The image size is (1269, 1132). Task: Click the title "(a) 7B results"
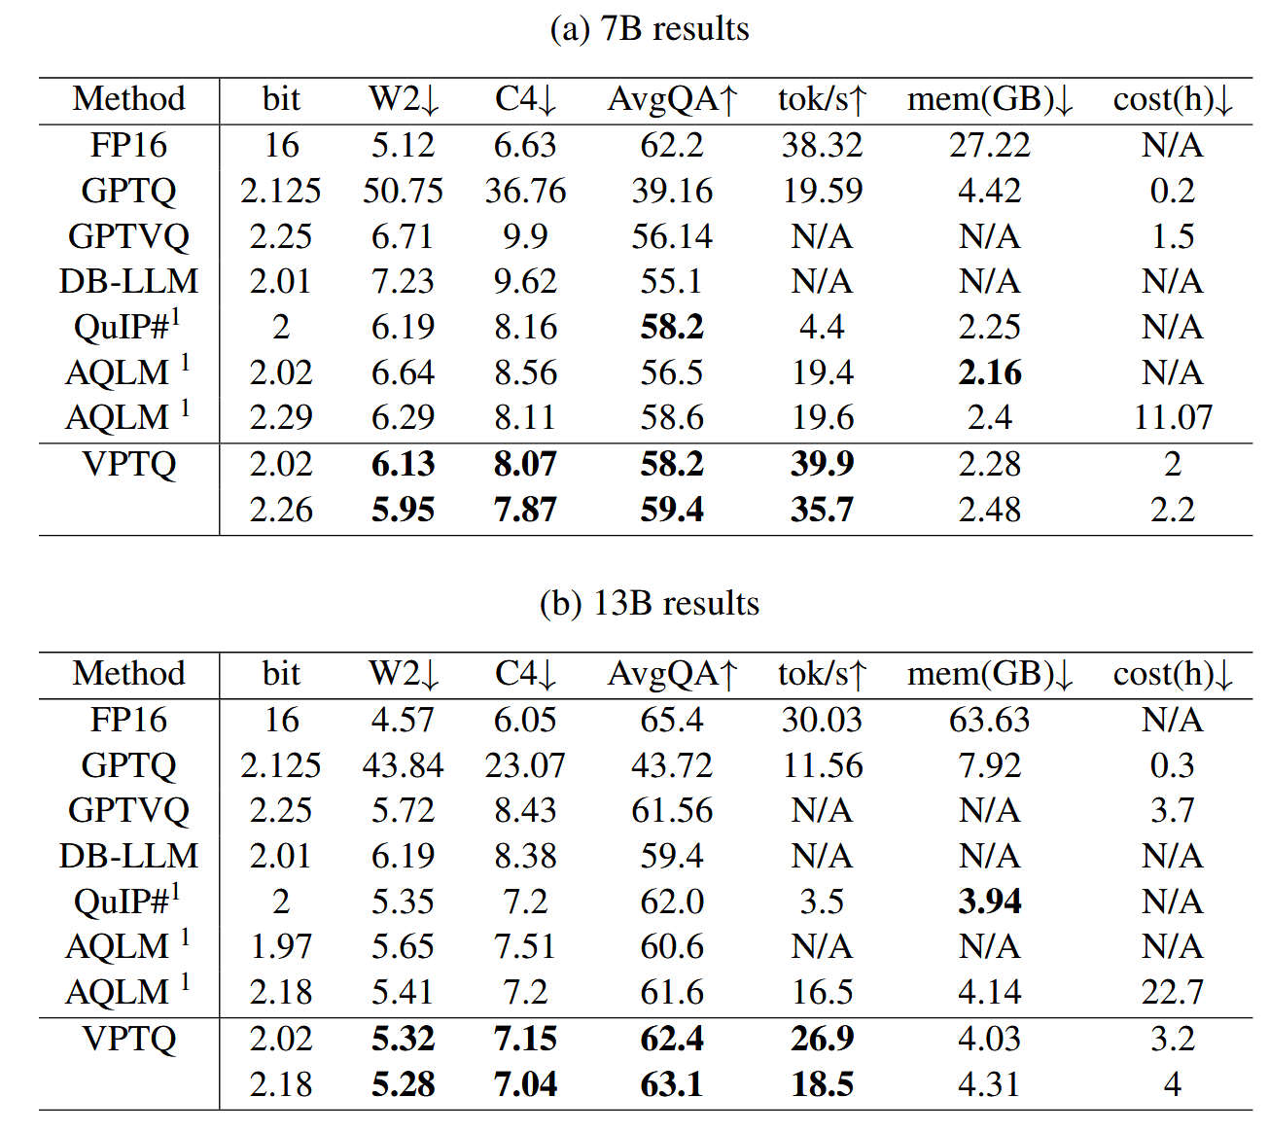(x=649, y=29)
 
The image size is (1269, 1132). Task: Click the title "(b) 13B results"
(x=649, y=604)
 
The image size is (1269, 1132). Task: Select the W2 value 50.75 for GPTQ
(x=403, y=191)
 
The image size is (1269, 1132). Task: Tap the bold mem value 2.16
(x=989, y=372)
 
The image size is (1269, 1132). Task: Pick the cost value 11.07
(x=1173, y=418)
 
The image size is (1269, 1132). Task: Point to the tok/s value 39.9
(x=822, y=464)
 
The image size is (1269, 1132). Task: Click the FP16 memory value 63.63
(x=989, y=720)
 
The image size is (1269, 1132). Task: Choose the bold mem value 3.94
(x=989, y=902)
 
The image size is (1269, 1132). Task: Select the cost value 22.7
(x=1173, y=992)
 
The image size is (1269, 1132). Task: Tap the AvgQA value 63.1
(x=672, y=1084)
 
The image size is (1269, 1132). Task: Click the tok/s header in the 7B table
(x=822, y=99)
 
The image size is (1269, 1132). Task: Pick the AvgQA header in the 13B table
(x=673, y=674)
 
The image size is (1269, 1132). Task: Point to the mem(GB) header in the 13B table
(x=989, y=674)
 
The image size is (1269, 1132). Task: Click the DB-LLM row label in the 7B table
(x=128, y=282)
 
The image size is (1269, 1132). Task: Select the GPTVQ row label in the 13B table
(x=128, y=810)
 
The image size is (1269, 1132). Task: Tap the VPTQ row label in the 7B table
(x=128, y=464)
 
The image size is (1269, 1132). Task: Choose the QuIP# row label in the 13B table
(x=126, y=902)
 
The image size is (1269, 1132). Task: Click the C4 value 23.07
(x=525, y=765)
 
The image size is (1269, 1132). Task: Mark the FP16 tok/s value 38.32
(x=822, y=145)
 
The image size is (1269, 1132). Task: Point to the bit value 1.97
(x=281, y=946)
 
